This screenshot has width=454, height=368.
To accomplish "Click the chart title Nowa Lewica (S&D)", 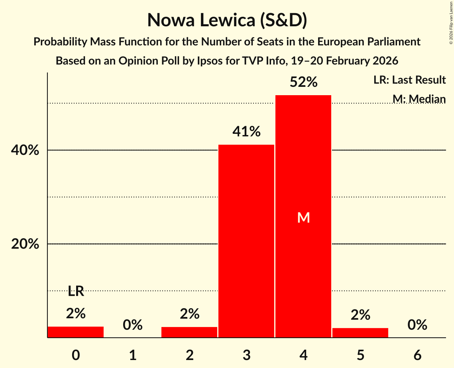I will [x=227, y=20].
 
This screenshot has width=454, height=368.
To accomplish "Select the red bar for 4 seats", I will [x=303, y=216].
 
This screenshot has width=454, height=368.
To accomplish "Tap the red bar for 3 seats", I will [x=246, y=241].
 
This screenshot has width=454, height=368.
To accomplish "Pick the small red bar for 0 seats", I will [x=76, y=332].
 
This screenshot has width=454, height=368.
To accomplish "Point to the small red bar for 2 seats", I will [x=189, y=332].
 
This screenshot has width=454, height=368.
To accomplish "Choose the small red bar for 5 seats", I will [x=360, y=333].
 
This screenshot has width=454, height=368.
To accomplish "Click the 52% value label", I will [x=303, y=82].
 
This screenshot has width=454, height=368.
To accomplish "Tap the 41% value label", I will [x=246, y=131].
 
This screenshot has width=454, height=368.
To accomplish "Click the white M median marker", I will [x=303, y=217].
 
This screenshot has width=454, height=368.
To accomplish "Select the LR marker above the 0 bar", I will [x=76, y=292].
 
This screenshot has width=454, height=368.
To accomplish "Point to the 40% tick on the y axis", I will [x=25, y=151].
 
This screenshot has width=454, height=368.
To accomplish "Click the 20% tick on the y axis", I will [x=25, y=244].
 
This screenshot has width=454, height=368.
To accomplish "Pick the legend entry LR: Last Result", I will [x=409, y=80].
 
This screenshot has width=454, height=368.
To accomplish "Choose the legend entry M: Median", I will [x=419, y=99].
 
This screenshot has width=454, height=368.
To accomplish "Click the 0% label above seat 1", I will [x=133, y=325].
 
